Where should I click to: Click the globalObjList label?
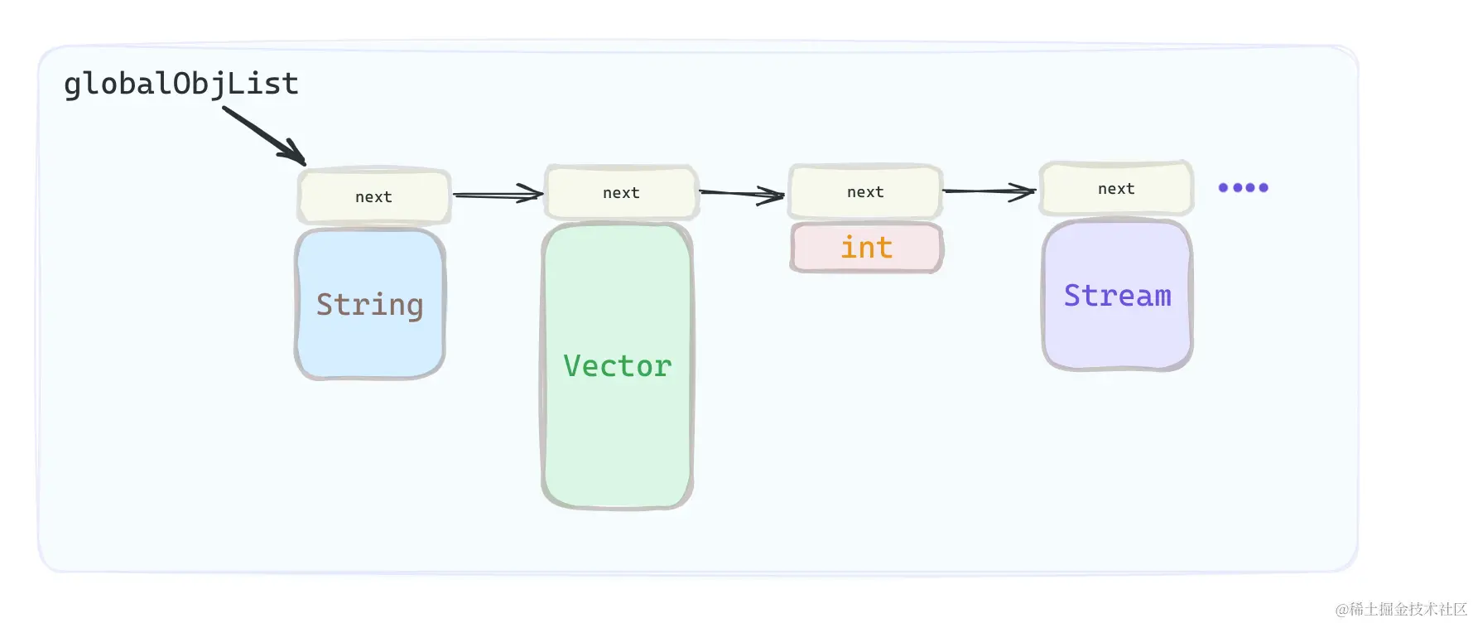pos(181,85)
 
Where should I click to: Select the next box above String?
pos(374,196)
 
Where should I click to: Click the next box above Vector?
pos(621,192)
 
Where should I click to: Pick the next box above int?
pos(865,191)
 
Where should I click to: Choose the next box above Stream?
pos(1116,188)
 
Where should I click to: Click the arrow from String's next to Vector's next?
pos(497,195)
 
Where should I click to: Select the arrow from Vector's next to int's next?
pos(741,194)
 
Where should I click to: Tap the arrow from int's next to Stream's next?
pos(989,191)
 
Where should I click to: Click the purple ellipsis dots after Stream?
pos(1243,187)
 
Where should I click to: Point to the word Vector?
pos(617,366)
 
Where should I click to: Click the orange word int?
pos(866,248)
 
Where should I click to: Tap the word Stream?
pos(1117,296)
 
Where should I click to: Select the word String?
pos(369,305)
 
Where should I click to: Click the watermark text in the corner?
pos(1400,609)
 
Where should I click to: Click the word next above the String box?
pos(373,197)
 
